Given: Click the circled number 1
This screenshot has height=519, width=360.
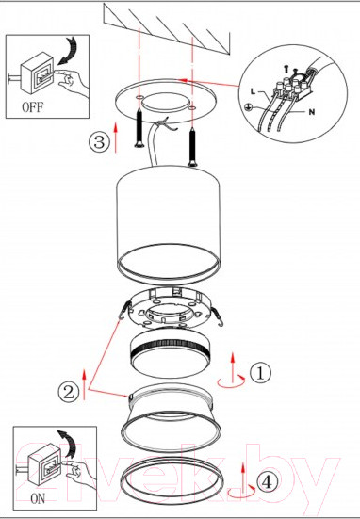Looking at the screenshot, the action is point(260,373).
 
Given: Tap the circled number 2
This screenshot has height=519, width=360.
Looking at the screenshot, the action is point(69,393).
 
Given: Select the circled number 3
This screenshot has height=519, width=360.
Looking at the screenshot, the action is point(99,142).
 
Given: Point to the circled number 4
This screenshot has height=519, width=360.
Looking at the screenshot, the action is point(268,482).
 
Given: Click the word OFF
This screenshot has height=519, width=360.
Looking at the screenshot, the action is point(32,107).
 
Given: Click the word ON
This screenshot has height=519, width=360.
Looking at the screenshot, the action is point(38,499).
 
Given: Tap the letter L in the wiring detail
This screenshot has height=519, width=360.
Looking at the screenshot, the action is point(253,91).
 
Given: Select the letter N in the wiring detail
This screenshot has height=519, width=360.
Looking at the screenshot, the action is point(311,112).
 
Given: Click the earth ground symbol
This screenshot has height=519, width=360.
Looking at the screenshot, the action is point(247,107).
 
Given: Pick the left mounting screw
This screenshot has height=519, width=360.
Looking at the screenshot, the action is point(139,128).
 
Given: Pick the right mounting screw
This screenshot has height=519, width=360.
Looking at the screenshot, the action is point(192,148).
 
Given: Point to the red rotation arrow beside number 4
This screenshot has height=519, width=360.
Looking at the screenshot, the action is point(241,493).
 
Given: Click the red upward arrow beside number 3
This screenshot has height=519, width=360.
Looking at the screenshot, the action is point(116,138).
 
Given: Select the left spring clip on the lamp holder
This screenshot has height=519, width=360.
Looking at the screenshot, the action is point(124,311).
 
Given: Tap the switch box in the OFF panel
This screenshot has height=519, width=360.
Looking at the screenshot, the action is point(38,73).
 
